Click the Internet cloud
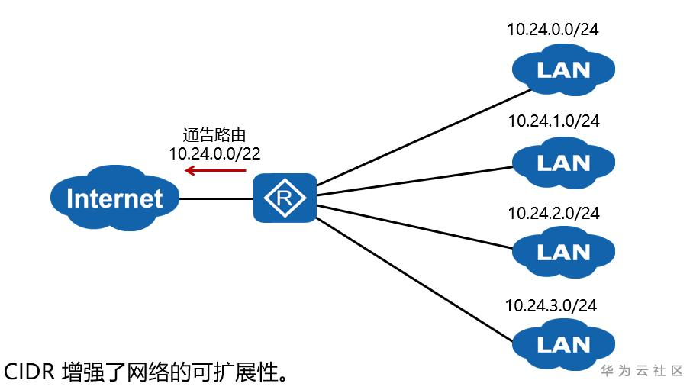tap(114, 199)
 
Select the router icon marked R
tap(285, 198)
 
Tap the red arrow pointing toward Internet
tap(215, 171)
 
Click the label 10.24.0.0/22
tap(215, 153)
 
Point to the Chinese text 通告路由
tap(215, 135)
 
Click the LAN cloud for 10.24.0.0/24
tap(563, 69)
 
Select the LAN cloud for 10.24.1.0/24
tap(563, 162)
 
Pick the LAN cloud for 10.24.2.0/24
tap(563, 251)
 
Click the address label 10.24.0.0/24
tap(553, 31)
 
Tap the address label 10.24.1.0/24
tap(553, 121)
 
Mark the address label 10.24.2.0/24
tap(553, 214)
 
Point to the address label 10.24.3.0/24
tap(551, 305)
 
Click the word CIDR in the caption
tap(28, 372)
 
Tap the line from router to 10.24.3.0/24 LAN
tap(412, 279)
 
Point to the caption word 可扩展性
tap(236, 372)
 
